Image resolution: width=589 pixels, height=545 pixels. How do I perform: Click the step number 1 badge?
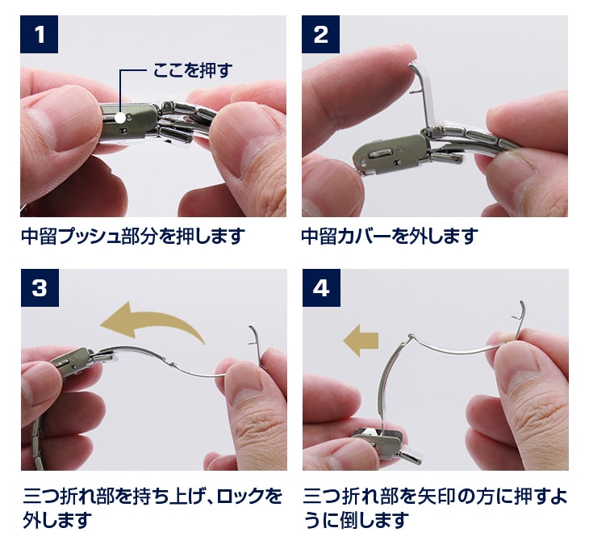(39, 34)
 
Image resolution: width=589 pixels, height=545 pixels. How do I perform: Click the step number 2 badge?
(321, 34)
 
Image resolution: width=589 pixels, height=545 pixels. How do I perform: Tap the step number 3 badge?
(40, 288)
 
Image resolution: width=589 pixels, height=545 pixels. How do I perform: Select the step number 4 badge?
(322, 288)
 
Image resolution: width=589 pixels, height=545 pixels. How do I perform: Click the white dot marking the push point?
(120, 118)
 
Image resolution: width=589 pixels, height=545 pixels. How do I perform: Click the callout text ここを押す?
(193, 70)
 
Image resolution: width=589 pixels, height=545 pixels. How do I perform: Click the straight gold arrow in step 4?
(361, 341)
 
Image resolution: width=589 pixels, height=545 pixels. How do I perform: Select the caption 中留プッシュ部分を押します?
(133, 236)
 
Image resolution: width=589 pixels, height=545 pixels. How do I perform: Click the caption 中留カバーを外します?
(390, 236)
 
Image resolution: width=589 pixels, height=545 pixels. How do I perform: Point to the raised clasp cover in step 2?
(425, 97)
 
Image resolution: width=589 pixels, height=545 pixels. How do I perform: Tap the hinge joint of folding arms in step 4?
(410, 335)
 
